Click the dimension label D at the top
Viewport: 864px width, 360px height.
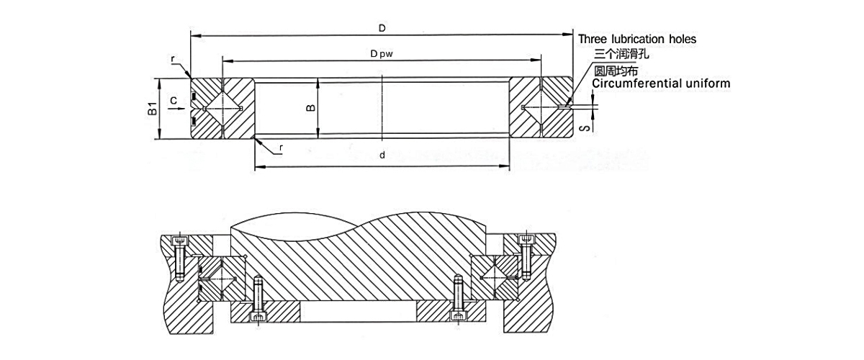pos(382,27)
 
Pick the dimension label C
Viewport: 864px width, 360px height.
pos(173,100)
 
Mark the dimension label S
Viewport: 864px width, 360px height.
pos(587,127)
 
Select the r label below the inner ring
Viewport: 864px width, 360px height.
pos(280,150)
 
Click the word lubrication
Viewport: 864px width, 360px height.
pos(634,39)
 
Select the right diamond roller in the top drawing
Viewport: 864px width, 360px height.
pos(541,109)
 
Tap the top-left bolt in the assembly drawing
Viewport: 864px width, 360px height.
pos(179,257)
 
